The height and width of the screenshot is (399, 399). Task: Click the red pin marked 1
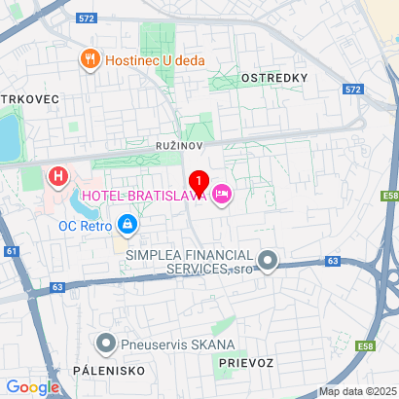(x=199, y=182)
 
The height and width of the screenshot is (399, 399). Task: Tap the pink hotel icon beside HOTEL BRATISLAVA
(x=222, y=196)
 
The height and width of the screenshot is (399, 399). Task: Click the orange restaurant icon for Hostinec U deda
(x=91, y=59)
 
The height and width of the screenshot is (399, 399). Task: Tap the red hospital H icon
(x=58, y=177)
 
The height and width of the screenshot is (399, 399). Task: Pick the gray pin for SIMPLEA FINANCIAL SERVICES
(x=270, y=260)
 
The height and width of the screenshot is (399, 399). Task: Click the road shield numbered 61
(x=12, y=251)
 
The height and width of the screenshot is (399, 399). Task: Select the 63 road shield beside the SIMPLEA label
(x=333, y=261)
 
